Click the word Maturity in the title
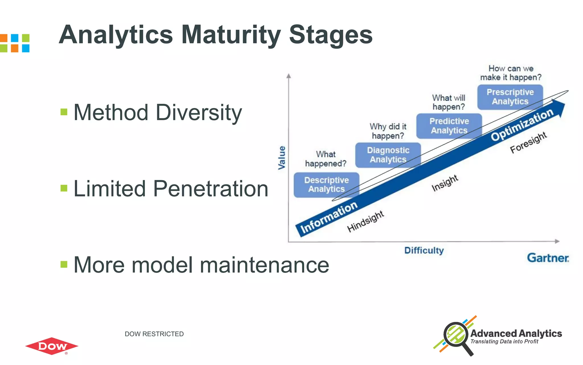tap(231, 35)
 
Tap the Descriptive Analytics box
tap(326, 184)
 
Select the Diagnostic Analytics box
tap(388, 155)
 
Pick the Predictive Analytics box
tap(449, 126)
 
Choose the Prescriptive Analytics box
tap(510, 97)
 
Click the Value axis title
tap(282, 158)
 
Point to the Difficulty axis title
tap(424, 251)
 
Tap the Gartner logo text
tap(548, 258)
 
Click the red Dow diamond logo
tap(52, 346)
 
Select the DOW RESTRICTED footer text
tap(154, 334)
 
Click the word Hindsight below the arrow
tap(366, 221)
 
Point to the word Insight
tap(445, 183)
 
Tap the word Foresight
tap(528, 142)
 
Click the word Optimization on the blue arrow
tap(522, 125)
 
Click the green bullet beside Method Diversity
tap(64, 112)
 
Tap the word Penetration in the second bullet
tap(211, 189)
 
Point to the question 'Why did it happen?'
tap(388, 131)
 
